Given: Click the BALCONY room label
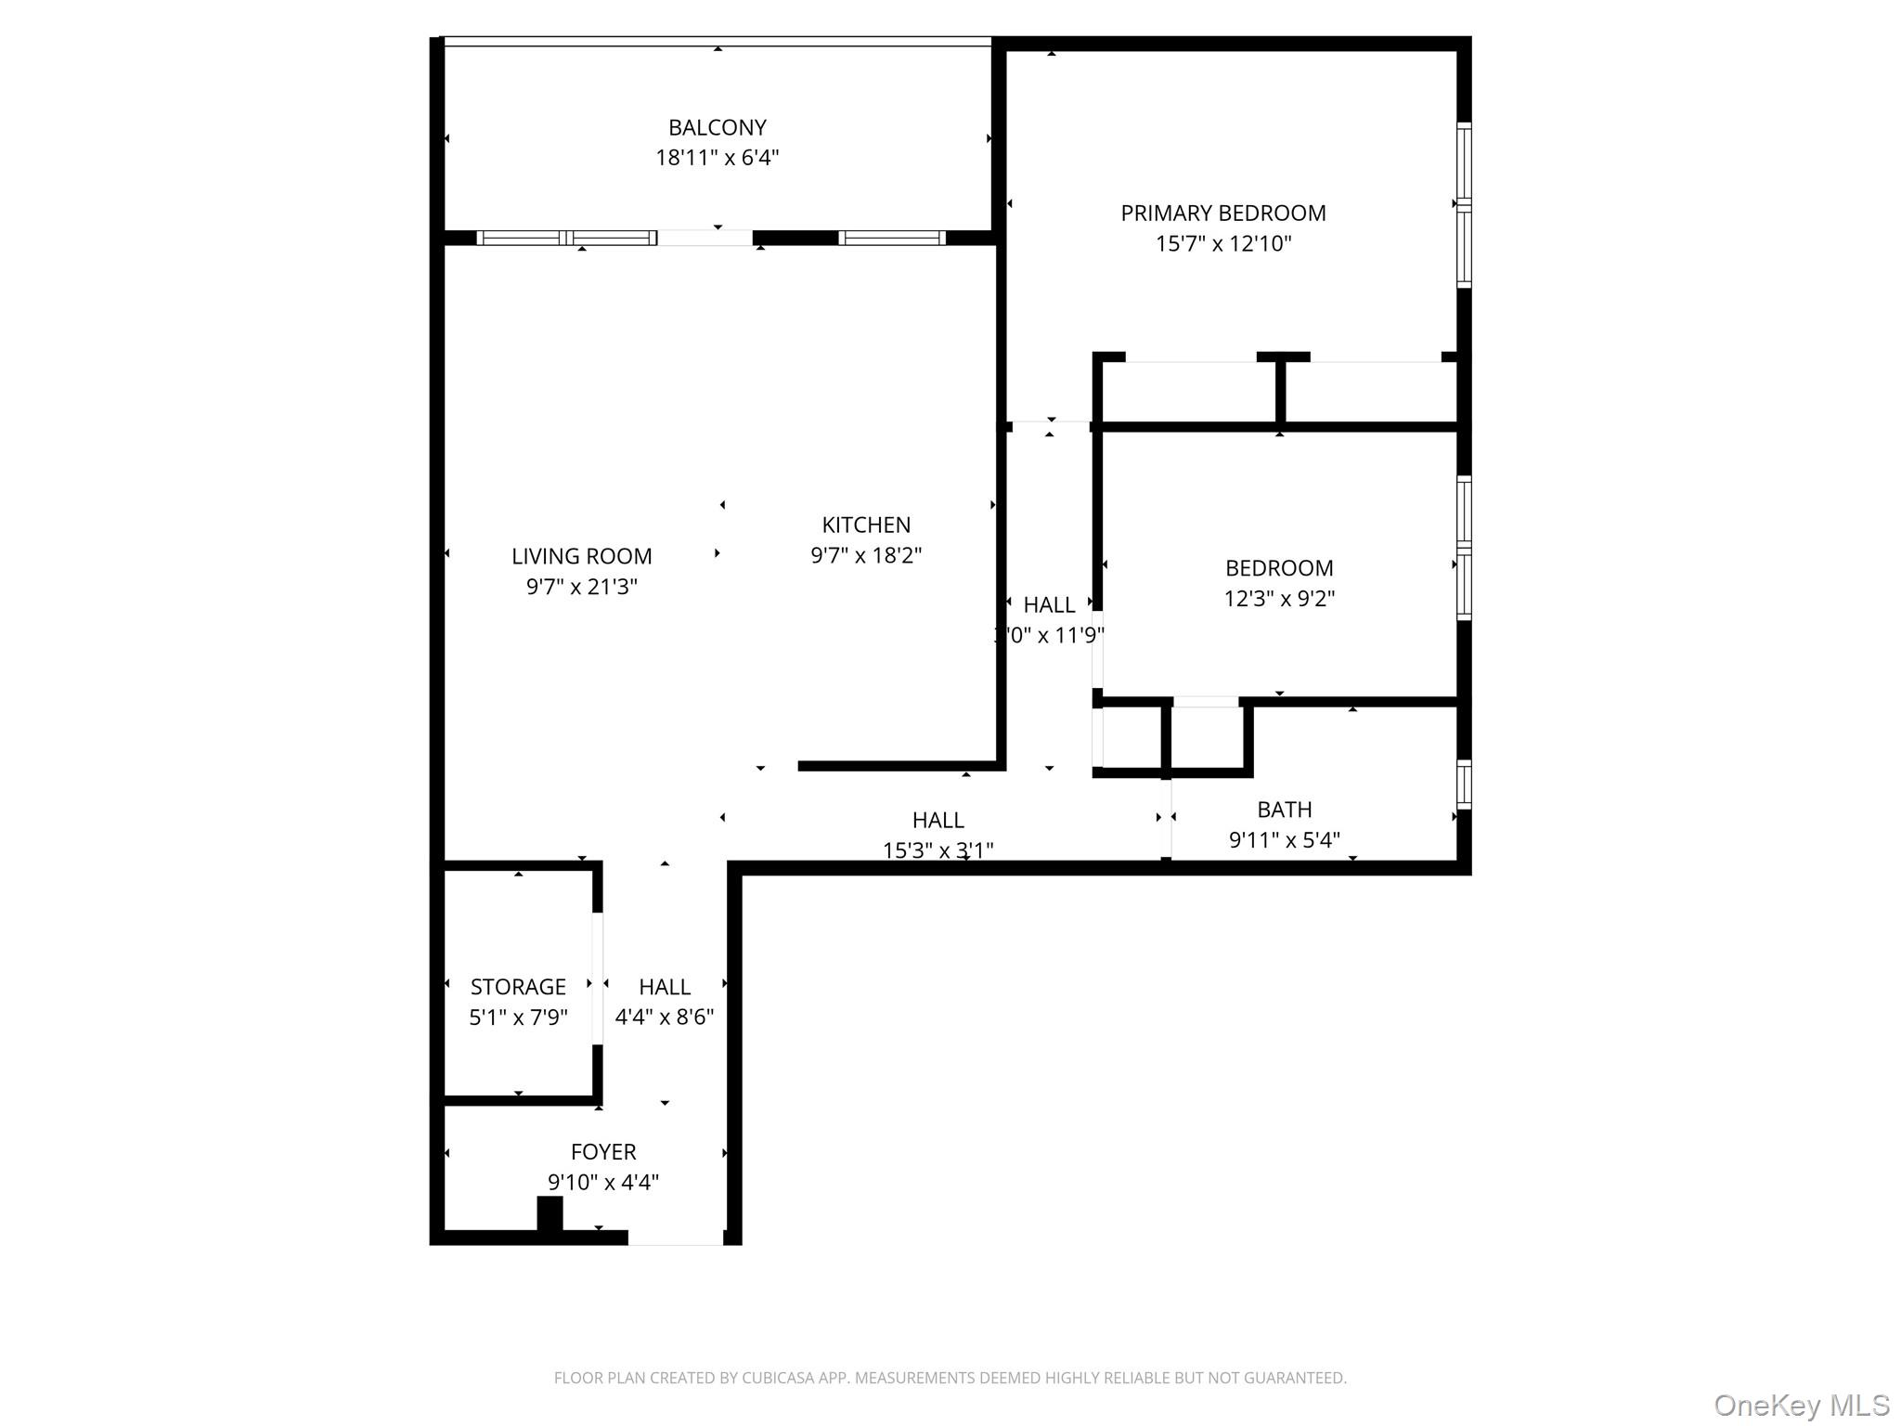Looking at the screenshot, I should (717, 127).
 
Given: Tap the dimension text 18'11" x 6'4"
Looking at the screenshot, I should (717, 158).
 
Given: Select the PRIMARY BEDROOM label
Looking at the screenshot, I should (1222, 214).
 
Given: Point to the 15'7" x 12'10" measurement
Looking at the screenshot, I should (1222, 244).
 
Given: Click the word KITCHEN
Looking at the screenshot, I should (865, 525).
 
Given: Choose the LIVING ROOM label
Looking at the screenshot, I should (581, 556).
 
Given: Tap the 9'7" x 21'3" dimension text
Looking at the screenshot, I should (581, 587).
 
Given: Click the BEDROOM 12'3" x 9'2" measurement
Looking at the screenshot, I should (1278, 599).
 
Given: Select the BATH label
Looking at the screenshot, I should (1284, 810).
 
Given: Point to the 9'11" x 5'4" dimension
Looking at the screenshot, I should (1284, 840).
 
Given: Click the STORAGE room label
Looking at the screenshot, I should (518, 987).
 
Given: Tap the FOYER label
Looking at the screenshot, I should (603, 1152).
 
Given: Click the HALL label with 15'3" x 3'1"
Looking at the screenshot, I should (938, 820).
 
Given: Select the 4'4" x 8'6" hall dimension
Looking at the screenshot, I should (664, 1018).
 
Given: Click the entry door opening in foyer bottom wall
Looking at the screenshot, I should (676, 1238).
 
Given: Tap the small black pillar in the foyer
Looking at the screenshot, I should (550, 1213).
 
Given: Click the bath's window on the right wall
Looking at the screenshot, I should (1463, 784).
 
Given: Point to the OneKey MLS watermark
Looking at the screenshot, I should (1801, 1406).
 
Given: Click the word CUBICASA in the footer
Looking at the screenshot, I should (777, 1379).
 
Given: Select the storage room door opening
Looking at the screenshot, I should (597, 979).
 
